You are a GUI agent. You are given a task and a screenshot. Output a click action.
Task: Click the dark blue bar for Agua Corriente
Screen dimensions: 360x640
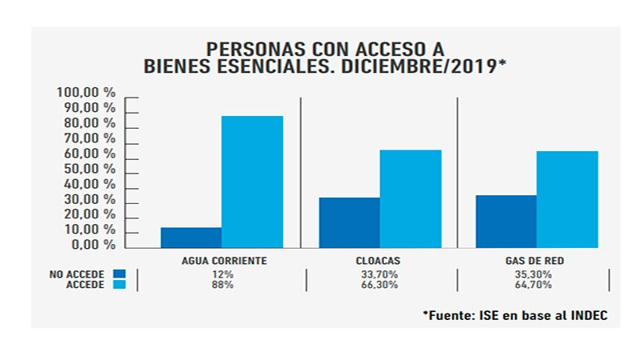[191, 237]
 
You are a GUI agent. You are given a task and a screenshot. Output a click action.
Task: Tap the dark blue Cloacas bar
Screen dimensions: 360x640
[349, 222]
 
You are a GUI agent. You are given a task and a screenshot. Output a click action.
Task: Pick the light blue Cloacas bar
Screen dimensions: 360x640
[410, 198]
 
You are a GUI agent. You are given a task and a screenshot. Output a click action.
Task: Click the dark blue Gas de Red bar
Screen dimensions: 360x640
[506, 221]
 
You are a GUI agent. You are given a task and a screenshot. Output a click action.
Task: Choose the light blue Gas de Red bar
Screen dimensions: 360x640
[567, 199]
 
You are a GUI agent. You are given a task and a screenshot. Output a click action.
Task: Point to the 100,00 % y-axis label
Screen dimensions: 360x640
[86, 93]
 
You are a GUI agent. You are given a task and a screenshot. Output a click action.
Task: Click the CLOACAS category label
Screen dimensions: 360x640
[378, 261]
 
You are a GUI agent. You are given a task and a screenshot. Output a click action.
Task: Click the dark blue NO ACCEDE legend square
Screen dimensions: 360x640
[119, 274]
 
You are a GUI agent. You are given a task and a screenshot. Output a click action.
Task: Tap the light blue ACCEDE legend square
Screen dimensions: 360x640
[119, 285]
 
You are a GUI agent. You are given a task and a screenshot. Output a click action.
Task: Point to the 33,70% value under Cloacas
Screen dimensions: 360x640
[378, 274]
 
